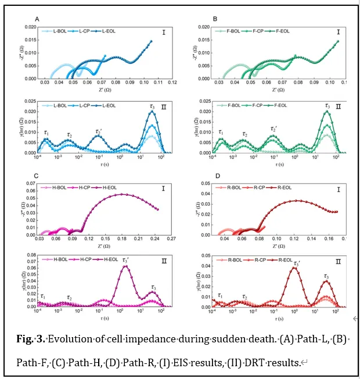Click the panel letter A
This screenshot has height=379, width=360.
37,19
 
